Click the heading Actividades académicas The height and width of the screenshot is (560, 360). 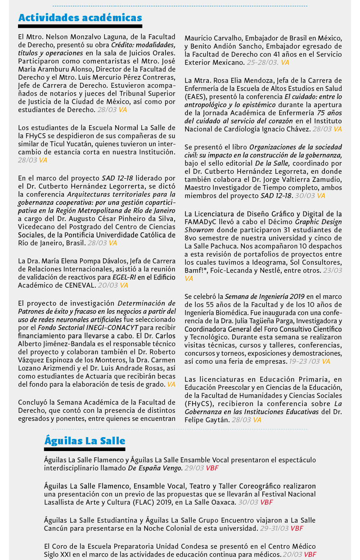[x=80, y=18]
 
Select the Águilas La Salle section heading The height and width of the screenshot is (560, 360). [x=85, y=441]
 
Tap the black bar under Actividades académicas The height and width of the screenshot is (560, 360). [x=80, y=27]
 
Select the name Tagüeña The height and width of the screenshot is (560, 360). [x=270, y=321]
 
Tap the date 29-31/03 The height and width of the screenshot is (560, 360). [x=274, y=528]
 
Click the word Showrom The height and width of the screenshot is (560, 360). [x=198, y=230]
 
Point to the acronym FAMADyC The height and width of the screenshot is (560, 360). [x=201, y=221]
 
